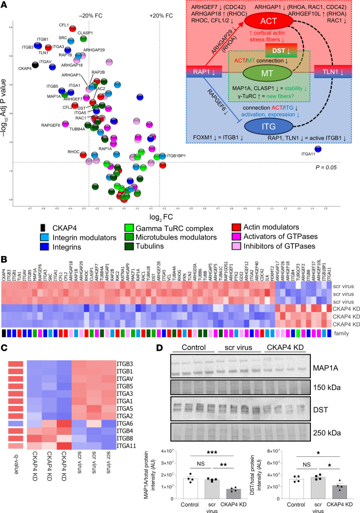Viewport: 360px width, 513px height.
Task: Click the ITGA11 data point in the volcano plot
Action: (x=318, y=149)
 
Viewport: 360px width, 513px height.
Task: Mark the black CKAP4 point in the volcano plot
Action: (x=36, y=64)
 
